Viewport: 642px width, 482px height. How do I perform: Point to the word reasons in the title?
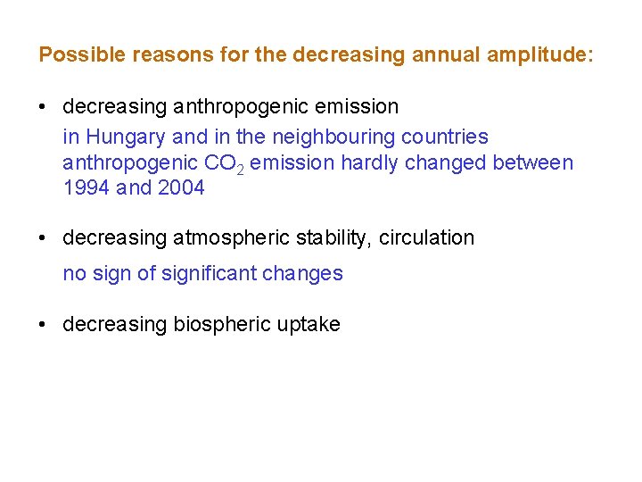coord(166,54)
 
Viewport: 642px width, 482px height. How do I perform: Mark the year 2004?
coord(181,187)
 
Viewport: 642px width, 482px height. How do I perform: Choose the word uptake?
coord(311,324)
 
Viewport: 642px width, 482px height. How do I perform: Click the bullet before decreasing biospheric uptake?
coord(44,324)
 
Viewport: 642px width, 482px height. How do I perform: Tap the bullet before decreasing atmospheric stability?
coord(44,237)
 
